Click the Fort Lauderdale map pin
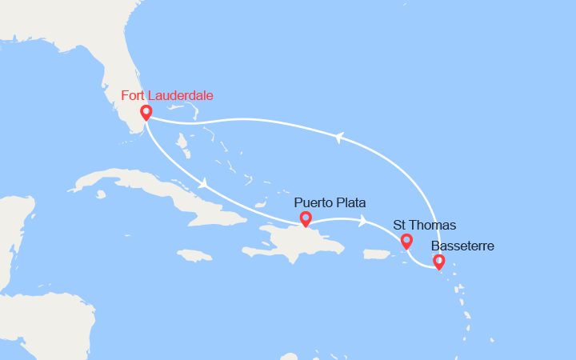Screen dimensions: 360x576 [146, 113]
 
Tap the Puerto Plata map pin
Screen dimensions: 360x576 [305, 218]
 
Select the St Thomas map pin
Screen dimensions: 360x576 [406, 241]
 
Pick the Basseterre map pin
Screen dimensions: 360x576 [438, 261]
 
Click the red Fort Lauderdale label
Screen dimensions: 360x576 [167, 96]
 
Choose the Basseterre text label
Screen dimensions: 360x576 [462, 246]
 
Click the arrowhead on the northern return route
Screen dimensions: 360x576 [339, 138]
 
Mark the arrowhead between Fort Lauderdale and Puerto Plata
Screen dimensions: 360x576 [206, 184]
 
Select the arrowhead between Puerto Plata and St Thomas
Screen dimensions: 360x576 [364, 221]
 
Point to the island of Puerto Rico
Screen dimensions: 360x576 [381, 254]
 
